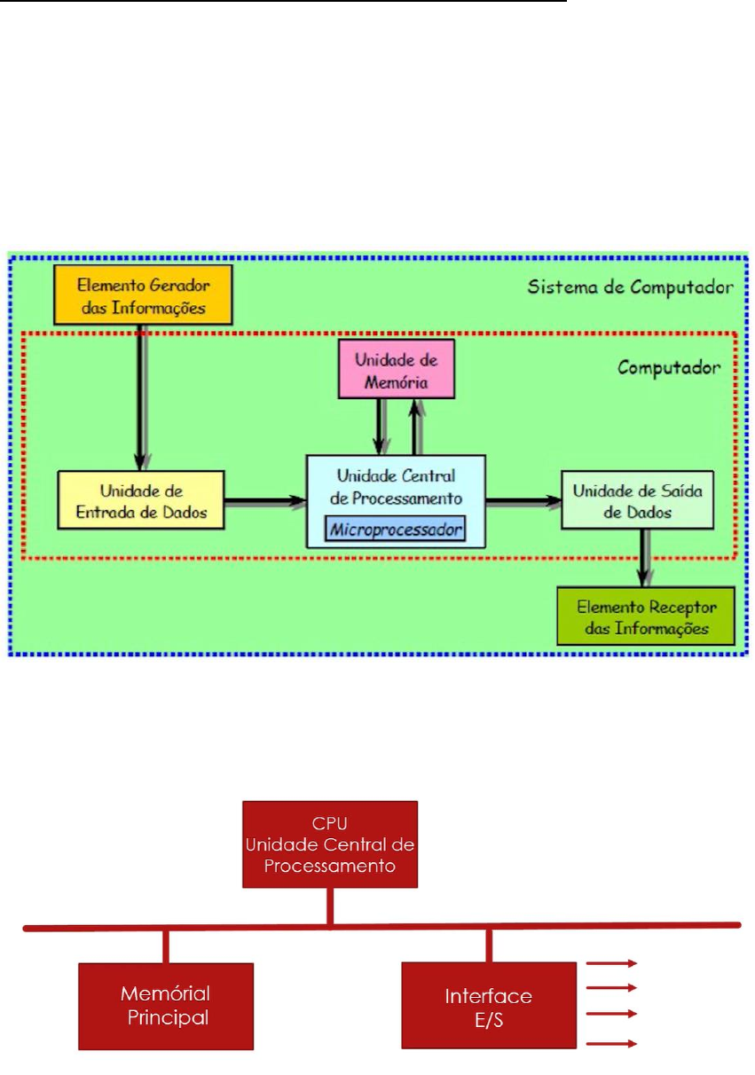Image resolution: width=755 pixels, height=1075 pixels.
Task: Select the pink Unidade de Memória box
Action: tap(396, 368)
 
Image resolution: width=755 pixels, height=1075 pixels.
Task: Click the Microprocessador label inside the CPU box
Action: tap(396, 530)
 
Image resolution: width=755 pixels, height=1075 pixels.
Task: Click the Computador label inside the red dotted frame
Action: tap(670, 365)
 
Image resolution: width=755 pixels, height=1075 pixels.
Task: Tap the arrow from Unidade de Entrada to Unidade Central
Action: tap(263, 501)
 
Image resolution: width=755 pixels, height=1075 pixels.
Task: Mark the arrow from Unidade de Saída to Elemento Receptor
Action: tap(642, 559)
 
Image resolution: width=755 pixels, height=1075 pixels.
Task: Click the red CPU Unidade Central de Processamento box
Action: tap(330, 844)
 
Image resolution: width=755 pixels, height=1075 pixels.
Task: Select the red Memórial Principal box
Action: tap(166, 1006)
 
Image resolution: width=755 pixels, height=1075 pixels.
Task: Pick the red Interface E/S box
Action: tap(489, 1006)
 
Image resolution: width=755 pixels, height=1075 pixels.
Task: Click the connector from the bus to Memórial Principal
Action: tap(166, 946)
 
